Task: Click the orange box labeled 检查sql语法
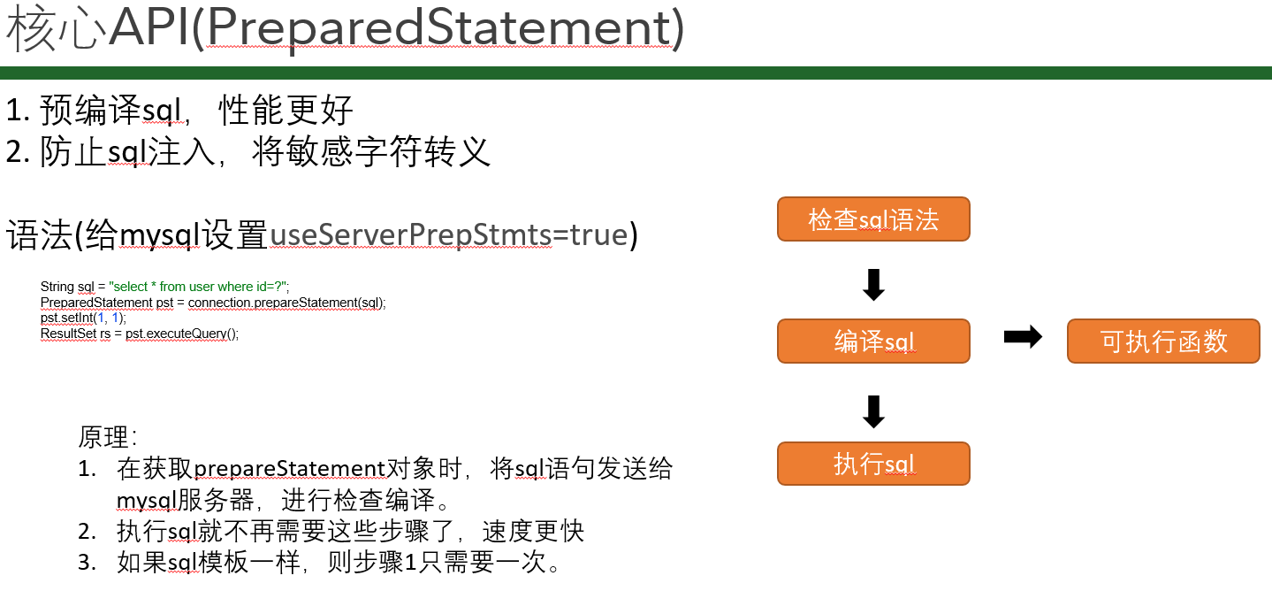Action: (873, 219)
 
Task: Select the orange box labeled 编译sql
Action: (873, 341)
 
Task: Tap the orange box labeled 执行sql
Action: (873, 464)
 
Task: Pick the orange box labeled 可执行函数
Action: (1163, 341)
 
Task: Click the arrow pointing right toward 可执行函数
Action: (1023, 337)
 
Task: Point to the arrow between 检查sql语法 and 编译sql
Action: (873, 285)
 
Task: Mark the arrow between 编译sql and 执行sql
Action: (873, 411)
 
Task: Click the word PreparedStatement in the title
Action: (439, 28)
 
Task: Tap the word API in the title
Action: (149, 27)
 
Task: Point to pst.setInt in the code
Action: (66, 318)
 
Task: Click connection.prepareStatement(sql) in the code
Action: (286, 303)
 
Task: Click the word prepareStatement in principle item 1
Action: (290, 470)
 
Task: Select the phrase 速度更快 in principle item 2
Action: (533, 532)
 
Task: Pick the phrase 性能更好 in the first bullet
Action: (286, 110)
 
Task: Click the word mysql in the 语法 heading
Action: (160, 235)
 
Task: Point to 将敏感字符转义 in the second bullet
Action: (370, 151)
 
